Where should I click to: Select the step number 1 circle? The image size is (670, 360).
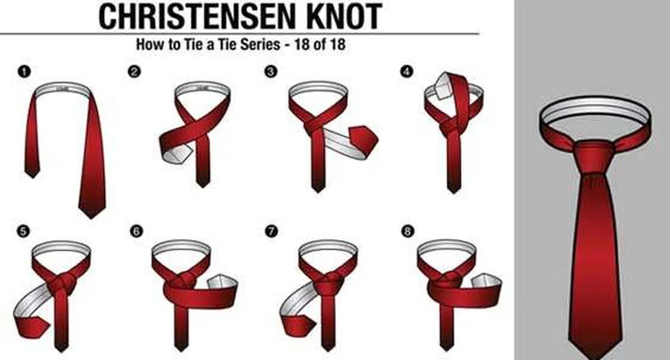point(24,72)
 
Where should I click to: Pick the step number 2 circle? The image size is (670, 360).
point(134,72)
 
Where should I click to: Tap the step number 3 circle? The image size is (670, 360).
point(271,72)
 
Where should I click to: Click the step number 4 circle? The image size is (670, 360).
point(407,72)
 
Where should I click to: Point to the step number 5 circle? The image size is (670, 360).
point(23,231)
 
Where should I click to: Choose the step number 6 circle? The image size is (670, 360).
point(136,231)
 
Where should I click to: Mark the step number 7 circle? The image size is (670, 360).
point(271,231)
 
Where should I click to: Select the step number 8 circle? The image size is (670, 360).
point(408,231)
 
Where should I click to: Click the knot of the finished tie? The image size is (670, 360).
point(594,157)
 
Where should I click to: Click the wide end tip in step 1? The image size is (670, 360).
point(92,217)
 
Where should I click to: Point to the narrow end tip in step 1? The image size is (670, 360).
point(31,177)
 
